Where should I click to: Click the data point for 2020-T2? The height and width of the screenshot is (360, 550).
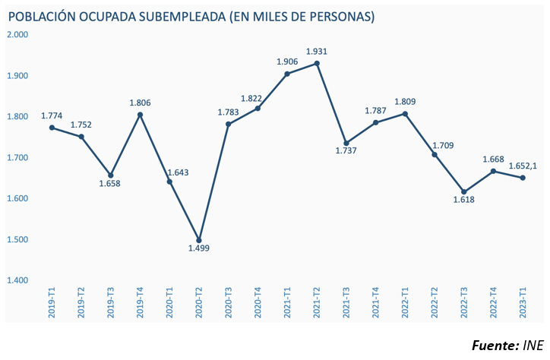[199, 240]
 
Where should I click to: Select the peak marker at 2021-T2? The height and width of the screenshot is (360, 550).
[317, 63]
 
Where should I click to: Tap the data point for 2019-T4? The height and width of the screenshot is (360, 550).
[140, 115]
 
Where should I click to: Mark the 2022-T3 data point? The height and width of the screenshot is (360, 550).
[464, 192]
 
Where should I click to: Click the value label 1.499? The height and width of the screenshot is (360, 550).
[199, 248]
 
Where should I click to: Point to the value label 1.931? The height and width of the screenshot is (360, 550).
[317, 52]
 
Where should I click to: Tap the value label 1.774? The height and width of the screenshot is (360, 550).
[52, 116]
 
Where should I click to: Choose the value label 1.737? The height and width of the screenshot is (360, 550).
[346, 152]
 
